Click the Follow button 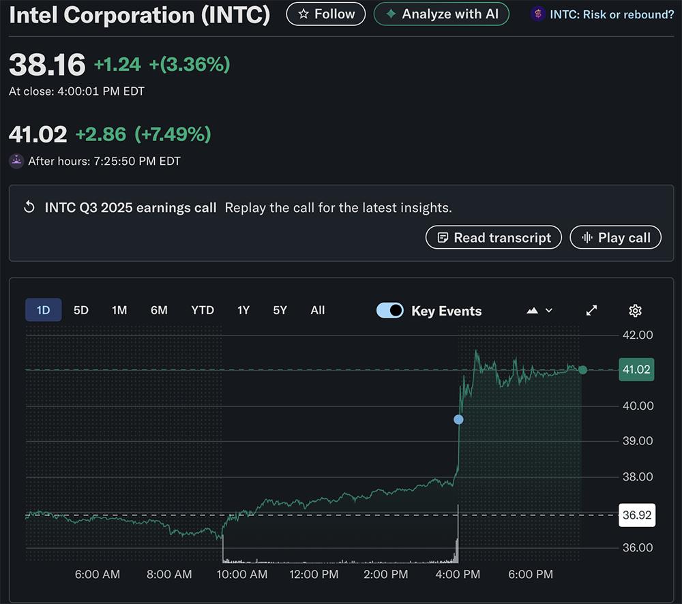(x=325, y=14)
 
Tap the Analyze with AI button (x=441, y=14)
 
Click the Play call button (x=615, y=237)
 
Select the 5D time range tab (x=81, y=310)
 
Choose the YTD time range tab (x=203, y=310)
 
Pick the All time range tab (x=318, y=310)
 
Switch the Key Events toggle (x=390, y=311)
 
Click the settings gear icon (x=635, y=311)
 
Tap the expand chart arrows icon (x=591, y=311)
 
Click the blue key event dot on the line (x=458, y=419)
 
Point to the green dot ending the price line (x=582, y=369)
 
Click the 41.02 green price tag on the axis (x=636, y=369)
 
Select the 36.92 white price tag (x=636, y=515)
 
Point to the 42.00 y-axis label (x=638, y=335)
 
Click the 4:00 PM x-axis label (x=458, y=575)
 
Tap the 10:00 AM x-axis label (x=242, y=575)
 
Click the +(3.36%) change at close (x=190, y=64)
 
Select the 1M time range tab (x=119, y=310)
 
